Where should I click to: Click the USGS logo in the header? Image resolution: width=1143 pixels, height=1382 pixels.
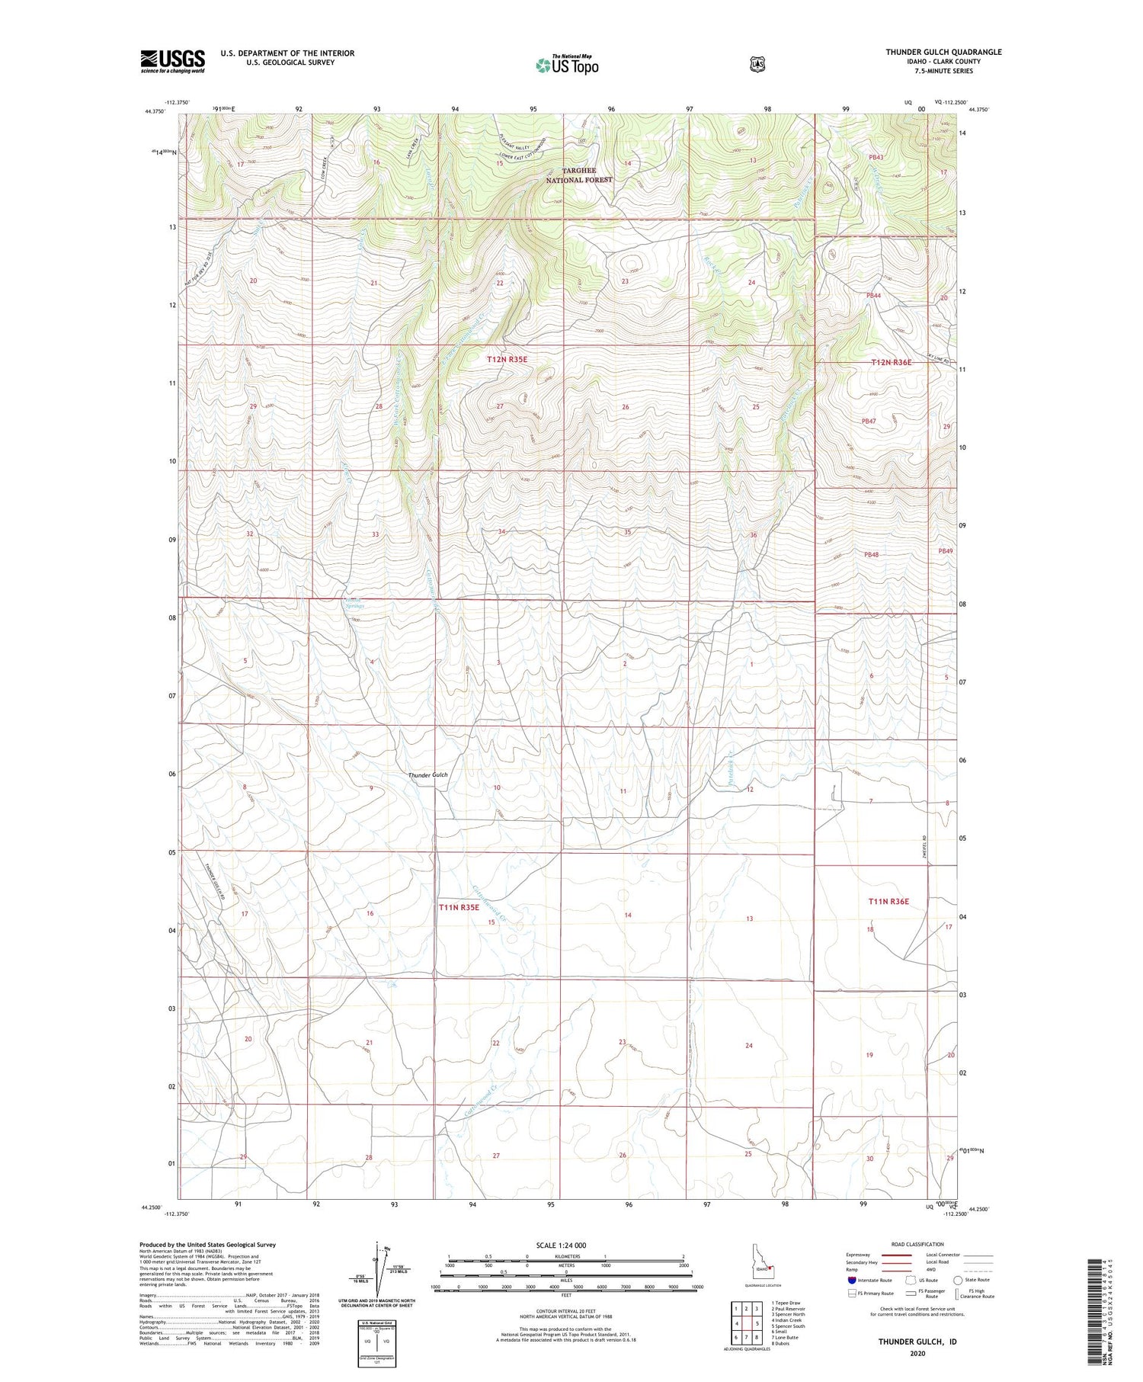pyautogui.click(x=172, y=61)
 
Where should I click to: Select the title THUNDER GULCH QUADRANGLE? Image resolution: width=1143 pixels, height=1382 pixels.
pyautogui.click(x=943, y=52)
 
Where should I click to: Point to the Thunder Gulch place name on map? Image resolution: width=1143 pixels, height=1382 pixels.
pyautogui.click(x=427, y=774)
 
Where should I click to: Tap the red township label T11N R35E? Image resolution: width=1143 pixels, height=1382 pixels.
pyautogui.click(x=459, y=907)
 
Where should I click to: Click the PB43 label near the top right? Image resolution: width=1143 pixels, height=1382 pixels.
pyautogui.click(x=876, y=157)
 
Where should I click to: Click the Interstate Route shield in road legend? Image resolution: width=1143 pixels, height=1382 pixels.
pyautogui.click(x=852, y=1280)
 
